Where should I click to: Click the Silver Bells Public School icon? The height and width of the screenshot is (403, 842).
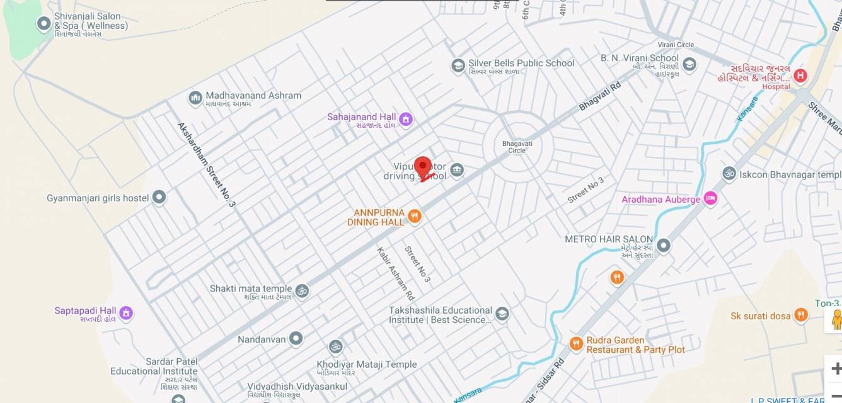pos(458,65)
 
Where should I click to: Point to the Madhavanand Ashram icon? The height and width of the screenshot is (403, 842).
pos(195,98)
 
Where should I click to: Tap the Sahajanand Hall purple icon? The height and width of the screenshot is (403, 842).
pos(406,118)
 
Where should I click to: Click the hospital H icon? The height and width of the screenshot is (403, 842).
pos(800,76)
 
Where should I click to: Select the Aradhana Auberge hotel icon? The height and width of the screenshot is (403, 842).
pos(711,199)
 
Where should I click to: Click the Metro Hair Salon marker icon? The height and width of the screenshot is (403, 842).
pos(663,245)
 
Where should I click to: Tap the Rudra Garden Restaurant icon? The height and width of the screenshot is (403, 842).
pos(576,344)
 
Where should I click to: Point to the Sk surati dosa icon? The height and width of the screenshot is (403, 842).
pos(800,315)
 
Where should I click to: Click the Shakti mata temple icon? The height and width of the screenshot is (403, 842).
pos(302,290)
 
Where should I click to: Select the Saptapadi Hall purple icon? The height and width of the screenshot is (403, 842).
pos(126,312)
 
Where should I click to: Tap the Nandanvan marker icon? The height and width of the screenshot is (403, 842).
pos(296,339)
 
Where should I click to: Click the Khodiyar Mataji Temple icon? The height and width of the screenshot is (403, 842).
pos(335,347)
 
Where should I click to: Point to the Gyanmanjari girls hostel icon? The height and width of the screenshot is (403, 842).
pos(159,198)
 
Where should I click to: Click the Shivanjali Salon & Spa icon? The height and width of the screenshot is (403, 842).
pos(44,24)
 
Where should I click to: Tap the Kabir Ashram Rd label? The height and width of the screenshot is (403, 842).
pos(395,273)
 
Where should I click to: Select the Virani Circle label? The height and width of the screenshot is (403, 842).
pos(676,45)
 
